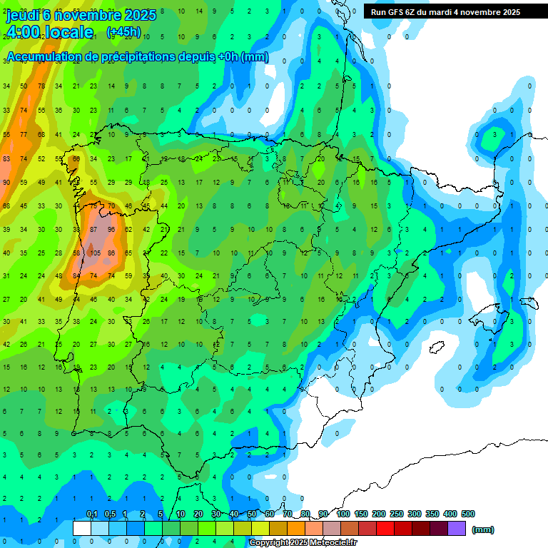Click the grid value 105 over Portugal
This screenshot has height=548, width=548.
pos(93,252)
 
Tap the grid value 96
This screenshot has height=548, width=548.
pos(111,229)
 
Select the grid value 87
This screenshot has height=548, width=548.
pos(93,229)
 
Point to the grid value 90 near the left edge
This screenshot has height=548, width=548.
pos(6,182)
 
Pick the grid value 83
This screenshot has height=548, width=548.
pos(6,158)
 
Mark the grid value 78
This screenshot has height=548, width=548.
pos(41,86)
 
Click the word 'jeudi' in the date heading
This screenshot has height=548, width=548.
pos(23,15)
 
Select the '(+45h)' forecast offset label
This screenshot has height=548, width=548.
pos(123,32)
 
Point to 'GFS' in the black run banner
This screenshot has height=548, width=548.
pos(399,12)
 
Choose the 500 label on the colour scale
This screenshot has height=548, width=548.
pos(468,514)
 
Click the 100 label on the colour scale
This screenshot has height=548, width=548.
pos(343,514)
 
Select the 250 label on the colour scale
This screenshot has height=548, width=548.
pos(397,514)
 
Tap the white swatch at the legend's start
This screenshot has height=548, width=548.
pos(82,528)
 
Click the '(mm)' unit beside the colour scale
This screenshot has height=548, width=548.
pos(483,529)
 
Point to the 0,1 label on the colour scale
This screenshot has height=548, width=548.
pos(92,514)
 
